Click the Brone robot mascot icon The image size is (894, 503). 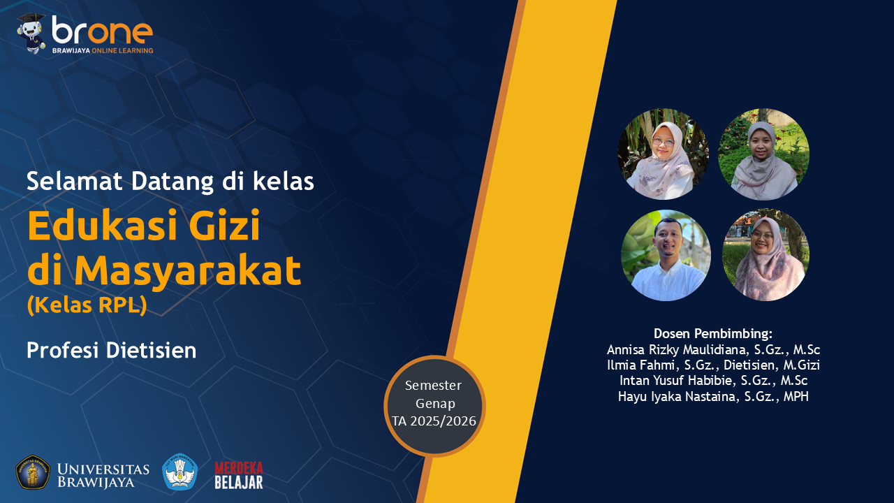(31, 33)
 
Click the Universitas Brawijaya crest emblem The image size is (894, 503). (33, 472)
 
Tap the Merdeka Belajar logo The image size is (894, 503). (239, 475)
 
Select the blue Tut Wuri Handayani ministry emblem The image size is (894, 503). (179, 472)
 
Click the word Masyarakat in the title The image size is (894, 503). (188, 271)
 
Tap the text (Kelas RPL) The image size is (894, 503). (87, 306)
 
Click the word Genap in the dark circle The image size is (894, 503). (435, 403)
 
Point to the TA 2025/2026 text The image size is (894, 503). (434, 421)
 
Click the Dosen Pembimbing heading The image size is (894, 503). (712, 333)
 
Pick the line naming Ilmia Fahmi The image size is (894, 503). (712, 365)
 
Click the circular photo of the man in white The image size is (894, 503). (666, 256)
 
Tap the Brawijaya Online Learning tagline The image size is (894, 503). (102, 51)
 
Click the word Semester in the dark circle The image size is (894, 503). (433, 386)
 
